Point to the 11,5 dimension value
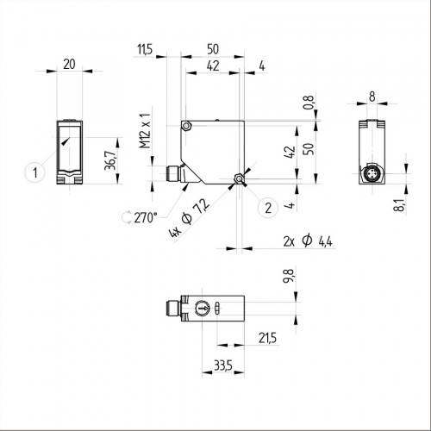pos(144,51)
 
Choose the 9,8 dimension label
pos(290,279)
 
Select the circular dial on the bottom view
pos(201,309)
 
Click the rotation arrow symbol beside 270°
pos(129,217)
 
